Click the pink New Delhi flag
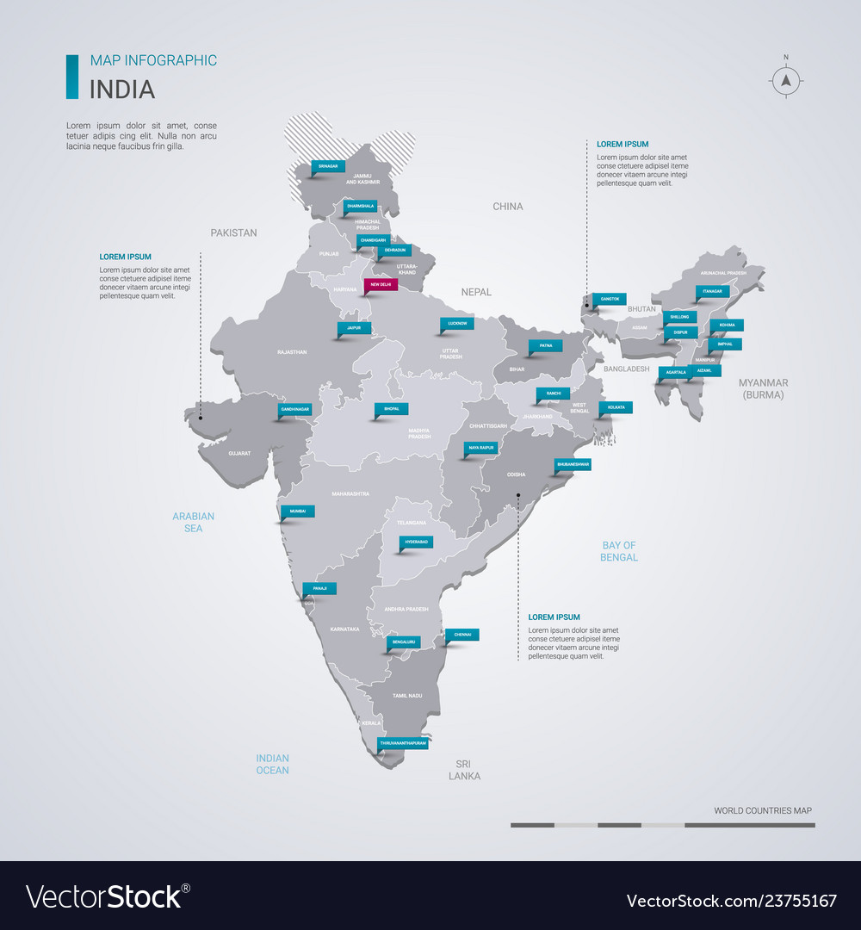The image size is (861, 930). (x=381, y=284)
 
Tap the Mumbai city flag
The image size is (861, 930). (x=298, y=511)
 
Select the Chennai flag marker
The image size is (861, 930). (x=462, y=634)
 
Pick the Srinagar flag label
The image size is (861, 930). (x=327, y=165)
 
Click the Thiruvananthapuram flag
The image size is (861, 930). (x=403, y=741)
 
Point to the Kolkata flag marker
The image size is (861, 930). (x=616, y=406)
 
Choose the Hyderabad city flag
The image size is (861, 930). (x=417, y=542)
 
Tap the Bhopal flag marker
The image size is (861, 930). (x=392, y=408)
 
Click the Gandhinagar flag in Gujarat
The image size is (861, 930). (x=294, y=409)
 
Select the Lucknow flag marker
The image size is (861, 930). (x=457, y=324)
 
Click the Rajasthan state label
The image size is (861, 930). (x=292, y=352)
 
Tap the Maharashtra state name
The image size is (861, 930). (x=350, y=493)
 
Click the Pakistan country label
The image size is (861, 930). (x=233, y=232)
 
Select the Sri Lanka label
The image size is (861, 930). (x=464, y=770)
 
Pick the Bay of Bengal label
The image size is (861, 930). (x=618, y=551)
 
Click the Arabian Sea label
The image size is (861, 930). (x=193, y=522)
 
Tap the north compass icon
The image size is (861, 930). (x=785, y=81)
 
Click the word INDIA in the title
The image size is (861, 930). (x=122, y=89)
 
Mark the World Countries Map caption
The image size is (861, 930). (x=762, y=810)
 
